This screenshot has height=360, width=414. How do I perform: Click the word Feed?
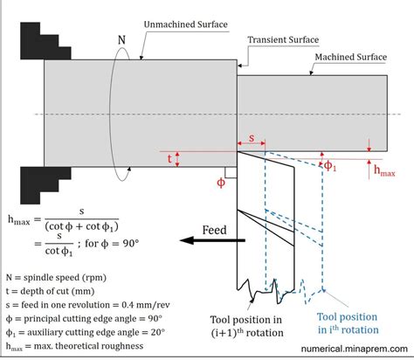(210, 231)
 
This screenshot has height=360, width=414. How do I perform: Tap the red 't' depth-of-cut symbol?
(170, 158)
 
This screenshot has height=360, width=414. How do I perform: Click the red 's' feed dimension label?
(252, 139)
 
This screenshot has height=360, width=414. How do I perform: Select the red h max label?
(384, 170)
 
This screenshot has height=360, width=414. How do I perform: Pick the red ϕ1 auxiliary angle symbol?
(329, 163)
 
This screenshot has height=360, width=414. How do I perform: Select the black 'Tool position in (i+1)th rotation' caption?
(247, 324)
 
